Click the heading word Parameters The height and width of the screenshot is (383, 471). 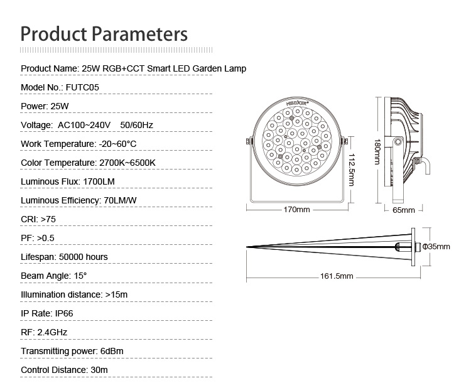(x=139, y=35)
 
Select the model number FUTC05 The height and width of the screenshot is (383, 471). (x=82, y=87)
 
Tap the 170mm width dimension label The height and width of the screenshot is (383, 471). (x=296, y=209)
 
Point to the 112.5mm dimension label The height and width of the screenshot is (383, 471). (x=352, y=170)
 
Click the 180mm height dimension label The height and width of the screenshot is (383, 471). (x=377, y=152)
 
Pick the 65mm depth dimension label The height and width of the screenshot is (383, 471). (x=404, y=210)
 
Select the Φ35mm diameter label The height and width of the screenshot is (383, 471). (x=436, y=247)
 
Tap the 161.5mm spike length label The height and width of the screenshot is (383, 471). (x=337, y=276)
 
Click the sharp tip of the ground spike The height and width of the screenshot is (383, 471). (x=247, y=247)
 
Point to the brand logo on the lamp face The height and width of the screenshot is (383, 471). (x=298, y=103)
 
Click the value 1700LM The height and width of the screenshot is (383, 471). (x=99, y=181)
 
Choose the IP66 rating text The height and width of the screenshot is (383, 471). (x=64, y=313)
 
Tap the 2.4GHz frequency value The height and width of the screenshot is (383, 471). (x=52, y=332)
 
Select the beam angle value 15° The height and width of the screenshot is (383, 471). (x=80, y=276)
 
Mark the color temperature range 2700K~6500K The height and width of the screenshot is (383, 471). (x=127, y=163)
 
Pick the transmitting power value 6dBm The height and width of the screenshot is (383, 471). (x=112, y=351)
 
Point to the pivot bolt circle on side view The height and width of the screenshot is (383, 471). (x=398, y=141)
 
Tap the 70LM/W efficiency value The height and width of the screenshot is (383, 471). (x=120, y=200)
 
